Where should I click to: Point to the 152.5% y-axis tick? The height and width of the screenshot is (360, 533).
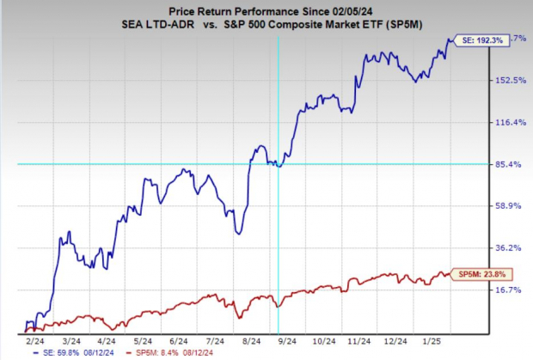(x=507, y=81)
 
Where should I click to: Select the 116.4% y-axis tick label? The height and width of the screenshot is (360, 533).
(x=507, y=123)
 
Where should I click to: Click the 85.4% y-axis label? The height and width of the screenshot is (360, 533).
(x=507, y=164)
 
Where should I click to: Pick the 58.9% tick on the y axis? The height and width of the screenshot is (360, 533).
(x=507, y=206)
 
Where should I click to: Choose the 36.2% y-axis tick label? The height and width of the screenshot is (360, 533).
(x=507, y=247)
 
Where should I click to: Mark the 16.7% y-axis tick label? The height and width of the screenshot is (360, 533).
(x=507, y=290)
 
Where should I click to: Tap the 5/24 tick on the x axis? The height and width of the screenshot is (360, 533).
(x=130, y=340)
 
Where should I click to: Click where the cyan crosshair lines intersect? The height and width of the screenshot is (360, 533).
(x=278, y=163)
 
